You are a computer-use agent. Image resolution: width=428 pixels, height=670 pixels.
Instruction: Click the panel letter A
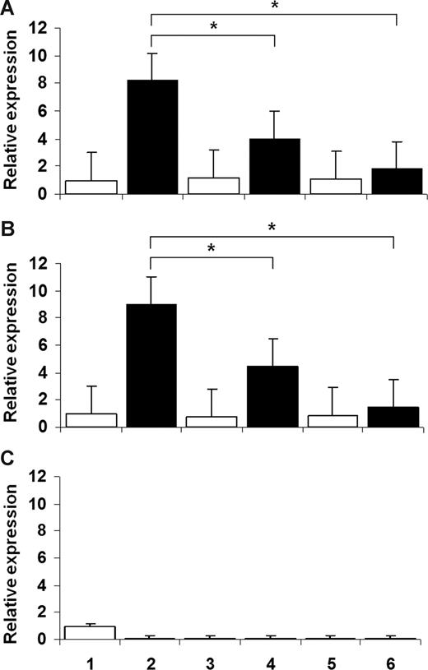(x=9, y=8)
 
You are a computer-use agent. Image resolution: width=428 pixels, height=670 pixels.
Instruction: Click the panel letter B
(x=9, y=243)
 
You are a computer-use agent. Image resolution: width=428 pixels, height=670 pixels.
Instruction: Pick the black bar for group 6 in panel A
(x=397, y=182)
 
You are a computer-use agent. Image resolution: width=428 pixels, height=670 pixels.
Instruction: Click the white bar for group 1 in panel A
(x=91, y=187)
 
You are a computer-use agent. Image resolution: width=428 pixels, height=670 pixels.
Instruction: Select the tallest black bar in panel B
(x=152, y=366)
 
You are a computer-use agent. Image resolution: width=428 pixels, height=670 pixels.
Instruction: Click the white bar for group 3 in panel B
(x=213, y=422)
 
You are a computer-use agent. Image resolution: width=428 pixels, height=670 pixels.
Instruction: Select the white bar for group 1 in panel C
(x=91, y=633)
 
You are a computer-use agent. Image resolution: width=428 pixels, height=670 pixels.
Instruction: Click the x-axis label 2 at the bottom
(x=152, y=658)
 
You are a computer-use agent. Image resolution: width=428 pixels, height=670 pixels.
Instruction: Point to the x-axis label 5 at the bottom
(x=336, y=658)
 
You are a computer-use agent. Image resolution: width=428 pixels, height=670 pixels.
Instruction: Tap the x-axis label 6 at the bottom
(x=397, y=658)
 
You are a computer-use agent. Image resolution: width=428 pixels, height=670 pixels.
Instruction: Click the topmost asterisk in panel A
(x=273, y=7)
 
